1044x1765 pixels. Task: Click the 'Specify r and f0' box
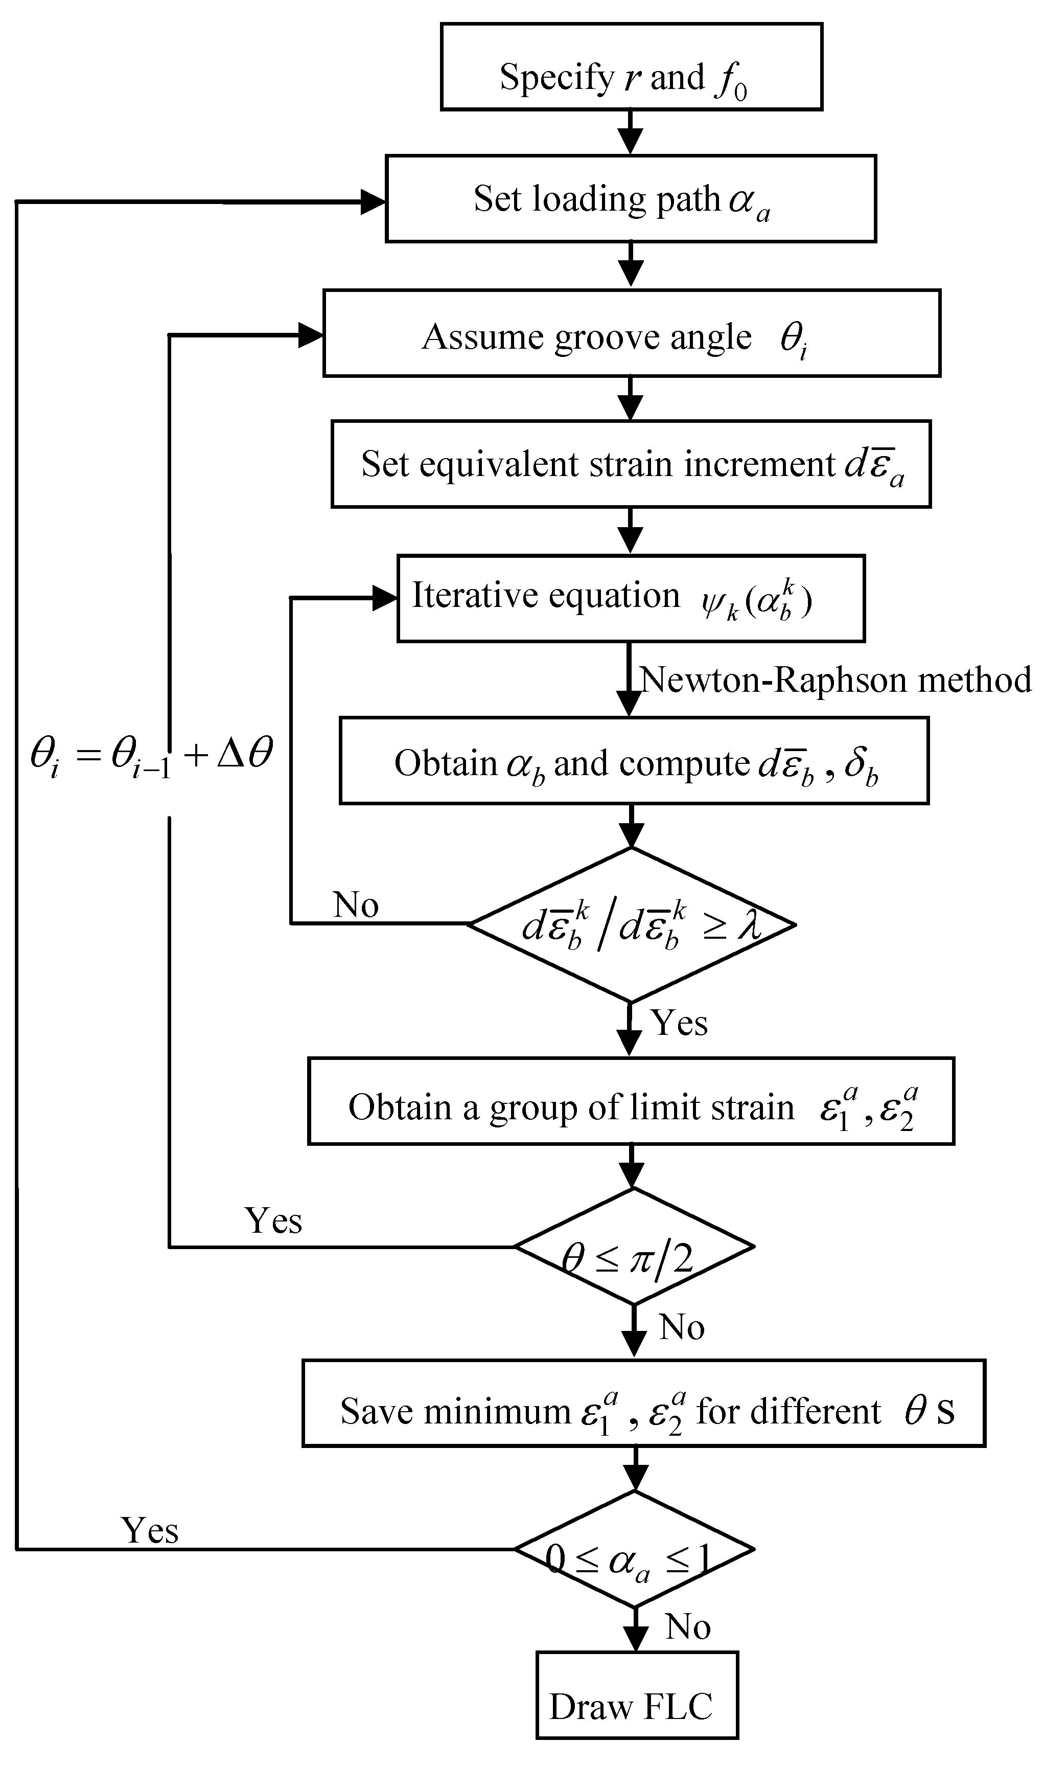[631, 67]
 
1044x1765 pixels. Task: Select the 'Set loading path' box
[631, 198]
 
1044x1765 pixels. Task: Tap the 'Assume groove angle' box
[632, 333]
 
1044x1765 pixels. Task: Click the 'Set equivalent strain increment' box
[631, 464]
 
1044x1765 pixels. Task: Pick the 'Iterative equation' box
[631, 598]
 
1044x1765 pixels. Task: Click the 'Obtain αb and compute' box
[634, 760]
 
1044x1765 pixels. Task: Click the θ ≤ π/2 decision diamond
[634, 1247]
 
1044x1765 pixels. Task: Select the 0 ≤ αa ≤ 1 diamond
[634, 1549]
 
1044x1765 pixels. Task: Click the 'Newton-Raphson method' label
[835, 680]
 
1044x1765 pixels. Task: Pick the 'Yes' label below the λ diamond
[679, 1022]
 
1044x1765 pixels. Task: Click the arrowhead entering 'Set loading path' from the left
[373, 202]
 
